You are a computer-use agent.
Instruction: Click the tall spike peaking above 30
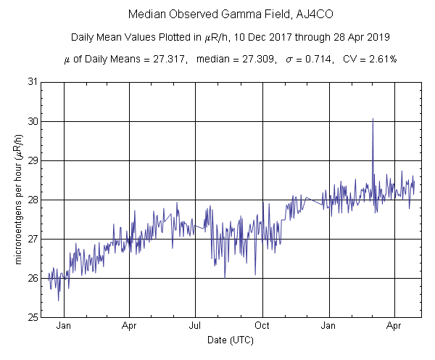tap(373, 120)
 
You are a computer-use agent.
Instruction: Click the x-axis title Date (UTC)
tap(230, 340)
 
